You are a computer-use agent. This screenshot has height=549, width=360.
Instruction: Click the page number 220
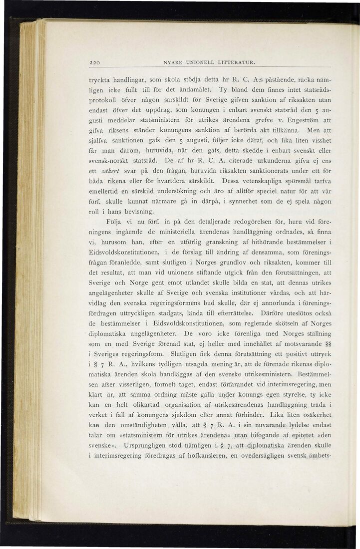click(x=90, y=63)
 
